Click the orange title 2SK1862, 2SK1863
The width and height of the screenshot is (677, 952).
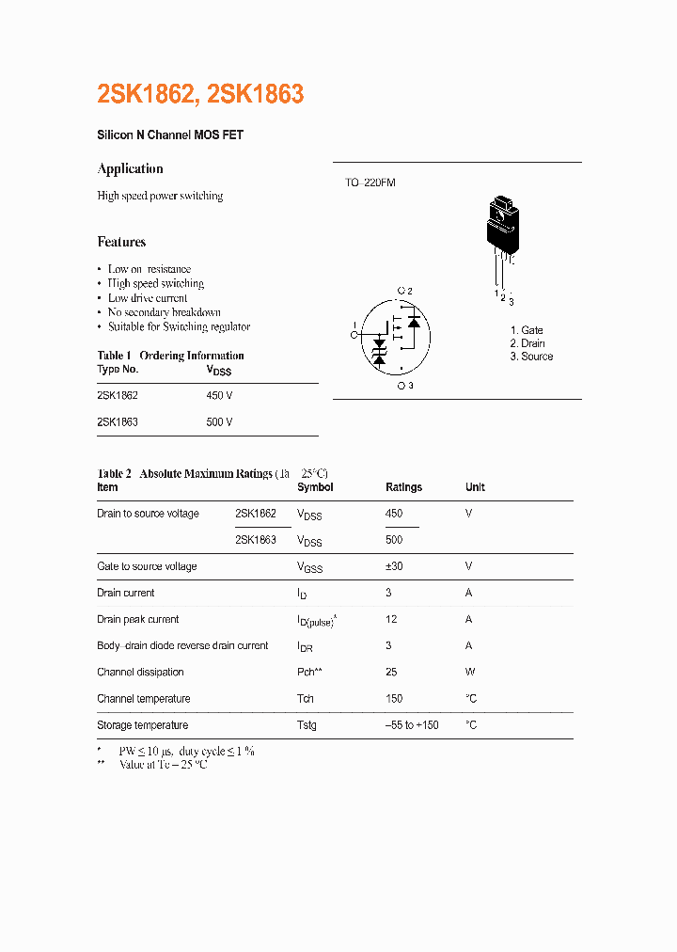tap(200, 94)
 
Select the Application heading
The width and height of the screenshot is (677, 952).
tap(130, 168)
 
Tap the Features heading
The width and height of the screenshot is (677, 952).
tap(121, 242)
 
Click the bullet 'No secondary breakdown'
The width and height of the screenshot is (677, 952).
tap(164, 312)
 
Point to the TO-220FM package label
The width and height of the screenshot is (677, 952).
tap(370, 182)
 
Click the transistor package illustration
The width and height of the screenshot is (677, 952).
tap(500, 230)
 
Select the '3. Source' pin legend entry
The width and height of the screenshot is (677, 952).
tap(531, 357)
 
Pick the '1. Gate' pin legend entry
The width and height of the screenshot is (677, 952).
tap(527, 330)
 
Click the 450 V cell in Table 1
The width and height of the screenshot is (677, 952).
tap(219, 396)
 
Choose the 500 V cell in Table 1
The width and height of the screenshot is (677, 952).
tap(219, 422)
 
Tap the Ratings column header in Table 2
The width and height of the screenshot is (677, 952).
tap(403, 487)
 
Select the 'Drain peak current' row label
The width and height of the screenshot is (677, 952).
tap(137, 619)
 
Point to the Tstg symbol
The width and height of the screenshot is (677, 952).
tap(307, 725)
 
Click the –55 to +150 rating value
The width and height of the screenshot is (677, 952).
tap(412, 725)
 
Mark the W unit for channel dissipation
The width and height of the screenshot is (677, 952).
tap(470, 672)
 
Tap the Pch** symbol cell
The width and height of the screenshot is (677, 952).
tap(309, 672)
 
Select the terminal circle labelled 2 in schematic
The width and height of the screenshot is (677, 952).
tap(401, 291)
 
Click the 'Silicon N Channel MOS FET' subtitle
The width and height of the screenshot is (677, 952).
tap(170, 135)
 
